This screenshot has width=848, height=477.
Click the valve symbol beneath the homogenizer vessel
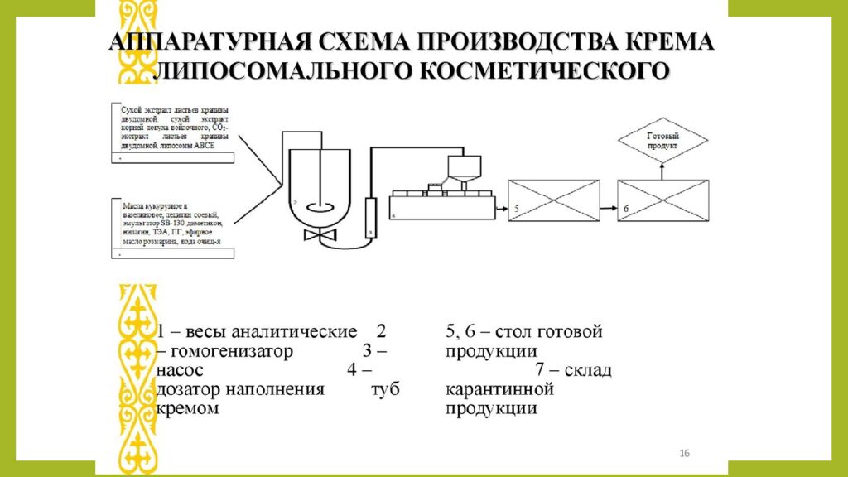click(x=315, y=236)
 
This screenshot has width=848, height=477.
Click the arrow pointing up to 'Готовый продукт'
click(x=662, y=168)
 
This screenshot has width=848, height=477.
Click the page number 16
click(x=684, y=452)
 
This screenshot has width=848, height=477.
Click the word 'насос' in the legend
click(x=180, y=370)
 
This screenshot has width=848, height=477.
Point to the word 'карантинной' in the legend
click(x=499, y=389)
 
